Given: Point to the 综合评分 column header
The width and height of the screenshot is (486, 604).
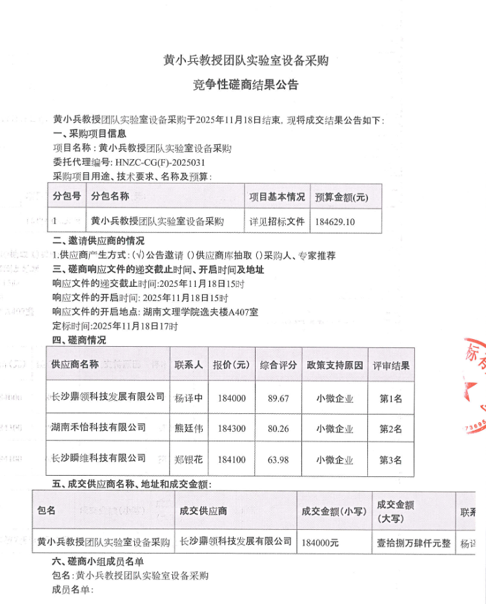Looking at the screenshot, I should pos(278,365).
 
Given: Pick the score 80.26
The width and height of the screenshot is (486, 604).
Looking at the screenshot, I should pos(278,428).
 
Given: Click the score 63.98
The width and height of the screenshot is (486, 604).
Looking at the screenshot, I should pos(278,460).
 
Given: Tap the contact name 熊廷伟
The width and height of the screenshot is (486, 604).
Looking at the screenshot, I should pos(189,428).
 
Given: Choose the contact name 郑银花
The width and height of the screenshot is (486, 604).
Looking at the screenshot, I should pos(189,460).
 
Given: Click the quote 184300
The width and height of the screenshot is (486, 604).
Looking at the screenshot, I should pos(232,428).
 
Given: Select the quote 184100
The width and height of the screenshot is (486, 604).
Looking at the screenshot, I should pos(232,460).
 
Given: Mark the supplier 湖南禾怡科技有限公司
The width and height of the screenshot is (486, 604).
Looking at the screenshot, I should pos(99,427).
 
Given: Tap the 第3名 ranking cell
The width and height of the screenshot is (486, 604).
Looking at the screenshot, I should pos(390,460).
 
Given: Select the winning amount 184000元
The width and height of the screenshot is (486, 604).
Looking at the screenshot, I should pos(320,543).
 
